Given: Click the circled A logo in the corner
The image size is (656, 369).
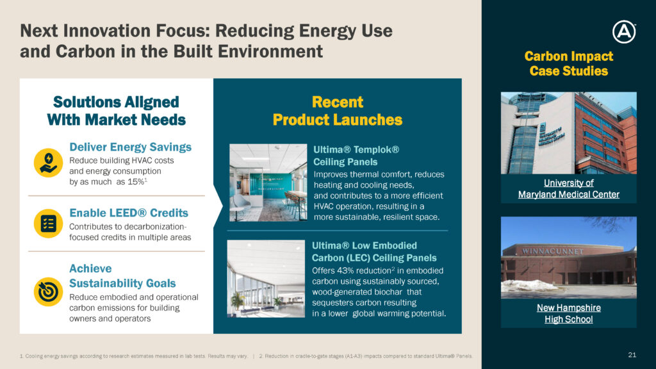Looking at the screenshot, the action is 624,32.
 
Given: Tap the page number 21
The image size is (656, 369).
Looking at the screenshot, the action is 632,355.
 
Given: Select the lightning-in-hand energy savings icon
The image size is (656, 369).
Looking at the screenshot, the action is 48,163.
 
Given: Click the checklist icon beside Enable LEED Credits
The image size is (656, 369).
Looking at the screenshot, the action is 48,224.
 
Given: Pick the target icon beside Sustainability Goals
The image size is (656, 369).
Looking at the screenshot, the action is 48,291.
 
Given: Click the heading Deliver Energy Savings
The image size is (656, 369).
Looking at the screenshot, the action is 130,147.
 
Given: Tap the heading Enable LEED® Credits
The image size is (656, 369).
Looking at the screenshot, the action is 129,213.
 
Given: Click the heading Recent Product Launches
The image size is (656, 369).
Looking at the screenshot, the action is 337,111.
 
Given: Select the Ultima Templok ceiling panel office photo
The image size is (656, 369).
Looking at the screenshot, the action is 268,183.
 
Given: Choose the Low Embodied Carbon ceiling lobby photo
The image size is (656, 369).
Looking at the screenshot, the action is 266,279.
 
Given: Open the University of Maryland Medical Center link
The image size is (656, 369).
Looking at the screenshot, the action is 569,189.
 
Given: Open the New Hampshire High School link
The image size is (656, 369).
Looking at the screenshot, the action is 569,313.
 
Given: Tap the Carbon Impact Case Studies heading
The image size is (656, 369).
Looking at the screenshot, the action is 569,63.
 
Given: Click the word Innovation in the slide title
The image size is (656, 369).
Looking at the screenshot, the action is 103,31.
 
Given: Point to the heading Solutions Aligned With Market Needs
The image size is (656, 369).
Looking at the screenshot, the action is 117,111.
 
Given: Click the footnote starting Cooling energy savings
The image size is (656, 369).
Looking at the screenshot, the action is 134,356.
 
